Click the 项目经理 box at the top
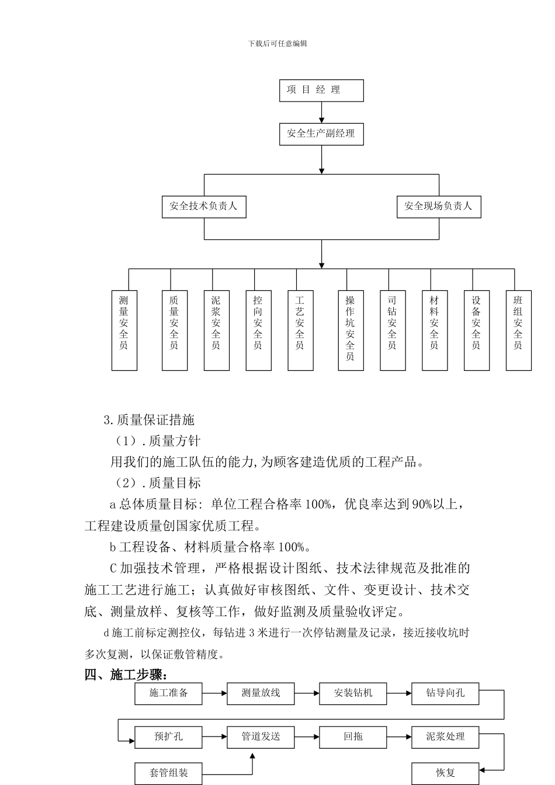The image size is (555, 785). (321, 91)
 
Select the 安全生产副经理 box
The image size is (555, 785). (321, 134)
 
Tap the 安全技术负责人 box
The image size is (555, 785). (204, 207)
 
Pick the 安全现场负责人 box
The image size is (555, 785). (439, 207)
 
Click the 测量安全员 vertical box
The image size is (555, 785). (124, 331)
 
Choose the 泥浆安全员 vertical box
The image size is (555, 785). (216, 331)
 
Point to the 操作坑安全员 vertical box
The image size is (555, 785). (351, 331)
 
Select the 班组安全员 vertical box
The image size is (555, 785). (518, 331)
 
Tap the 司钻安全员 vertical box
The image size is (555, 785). (393, 331)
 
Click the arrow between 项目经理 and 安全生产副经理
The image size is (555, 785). (321, 112)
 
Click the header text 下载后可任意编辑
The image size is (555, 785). (277, 43)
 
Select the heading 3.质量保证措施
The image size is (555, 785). (149, 420)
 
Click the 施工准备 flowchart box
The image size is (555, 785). (168, 693)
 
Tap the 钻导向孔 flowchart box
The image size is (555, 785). (445, 693)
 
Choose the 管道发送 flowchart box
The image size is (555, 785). (261, 737)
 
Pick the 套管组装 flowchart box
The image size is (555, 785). (168, 773)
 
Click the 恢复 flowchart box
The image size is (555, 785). (445, 773)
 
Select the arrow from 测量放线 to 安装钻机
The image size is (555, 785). (307, 693)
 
